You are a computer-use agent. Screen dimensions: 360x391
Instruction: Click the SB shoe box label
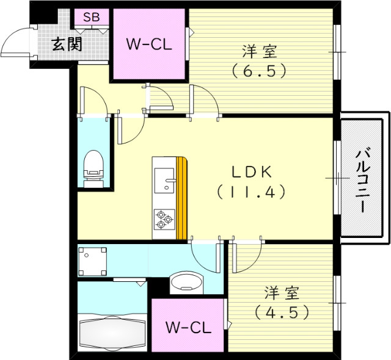click(x=91, y=17)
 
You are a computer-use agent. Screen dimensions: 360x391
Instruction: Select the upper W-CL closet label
click(x=148, y=44)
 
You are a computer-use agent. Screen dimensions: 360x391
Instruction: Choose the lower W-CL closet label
click(x=188, y=327)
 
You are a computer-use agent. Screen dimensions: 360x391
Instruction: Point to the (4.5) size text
click(x=281, y=312)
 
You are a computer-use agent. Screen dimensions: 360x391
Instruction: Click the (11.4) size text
click(x=250, y=192)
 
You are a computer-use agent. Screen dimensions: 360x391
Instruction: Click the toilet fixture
click(x=93, y=166)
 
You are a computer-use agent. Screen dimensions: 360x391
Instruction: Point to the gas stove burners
click(x=164, y=219)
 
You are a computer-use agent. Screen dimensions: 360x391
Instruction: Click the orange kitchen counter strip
click(x=181, y=198)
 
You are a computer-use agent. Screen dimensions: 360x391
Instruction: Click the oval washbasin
click(x=186, y=283)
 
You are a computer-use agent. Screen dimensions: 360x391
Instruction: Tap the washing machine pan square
click(x=93, y=261)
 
